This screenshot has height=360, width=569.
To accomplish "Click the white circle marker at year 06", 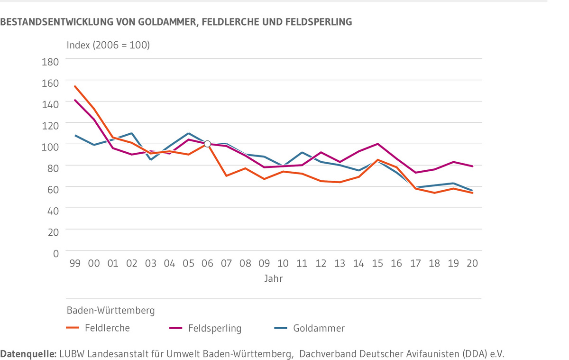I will tap(207, 144).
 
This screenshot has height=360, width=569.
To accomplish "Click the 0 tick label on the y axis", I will tap(55, 253).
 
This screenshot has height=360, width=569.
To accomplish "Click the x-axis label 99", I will tap(75, 264).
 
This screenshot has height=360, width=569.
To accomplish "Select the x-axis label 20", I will tap(472, 264).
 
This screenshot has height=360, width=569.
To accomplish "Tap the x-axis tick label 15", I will tap(377, 264).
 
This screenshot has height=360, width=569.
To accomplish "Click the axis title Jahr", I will tap(274, 279).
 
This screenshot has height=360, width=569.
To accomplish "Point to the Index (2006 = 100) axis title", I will tap(108, 46).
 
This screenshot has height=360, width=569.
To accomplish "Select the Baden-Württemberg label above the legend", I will tap(110, 311).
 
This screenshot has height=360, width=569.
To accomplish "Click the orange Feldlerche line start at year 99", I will tap(75, 86).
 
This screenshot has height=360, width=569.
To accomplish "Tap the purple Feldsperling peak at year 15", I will tap(377, 144).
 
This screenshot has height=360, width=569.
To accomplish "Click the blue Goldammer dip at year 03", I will tap(150, 159).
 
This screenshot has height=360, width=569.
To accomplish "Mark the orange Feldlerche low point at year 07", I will tap(226, 176).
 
